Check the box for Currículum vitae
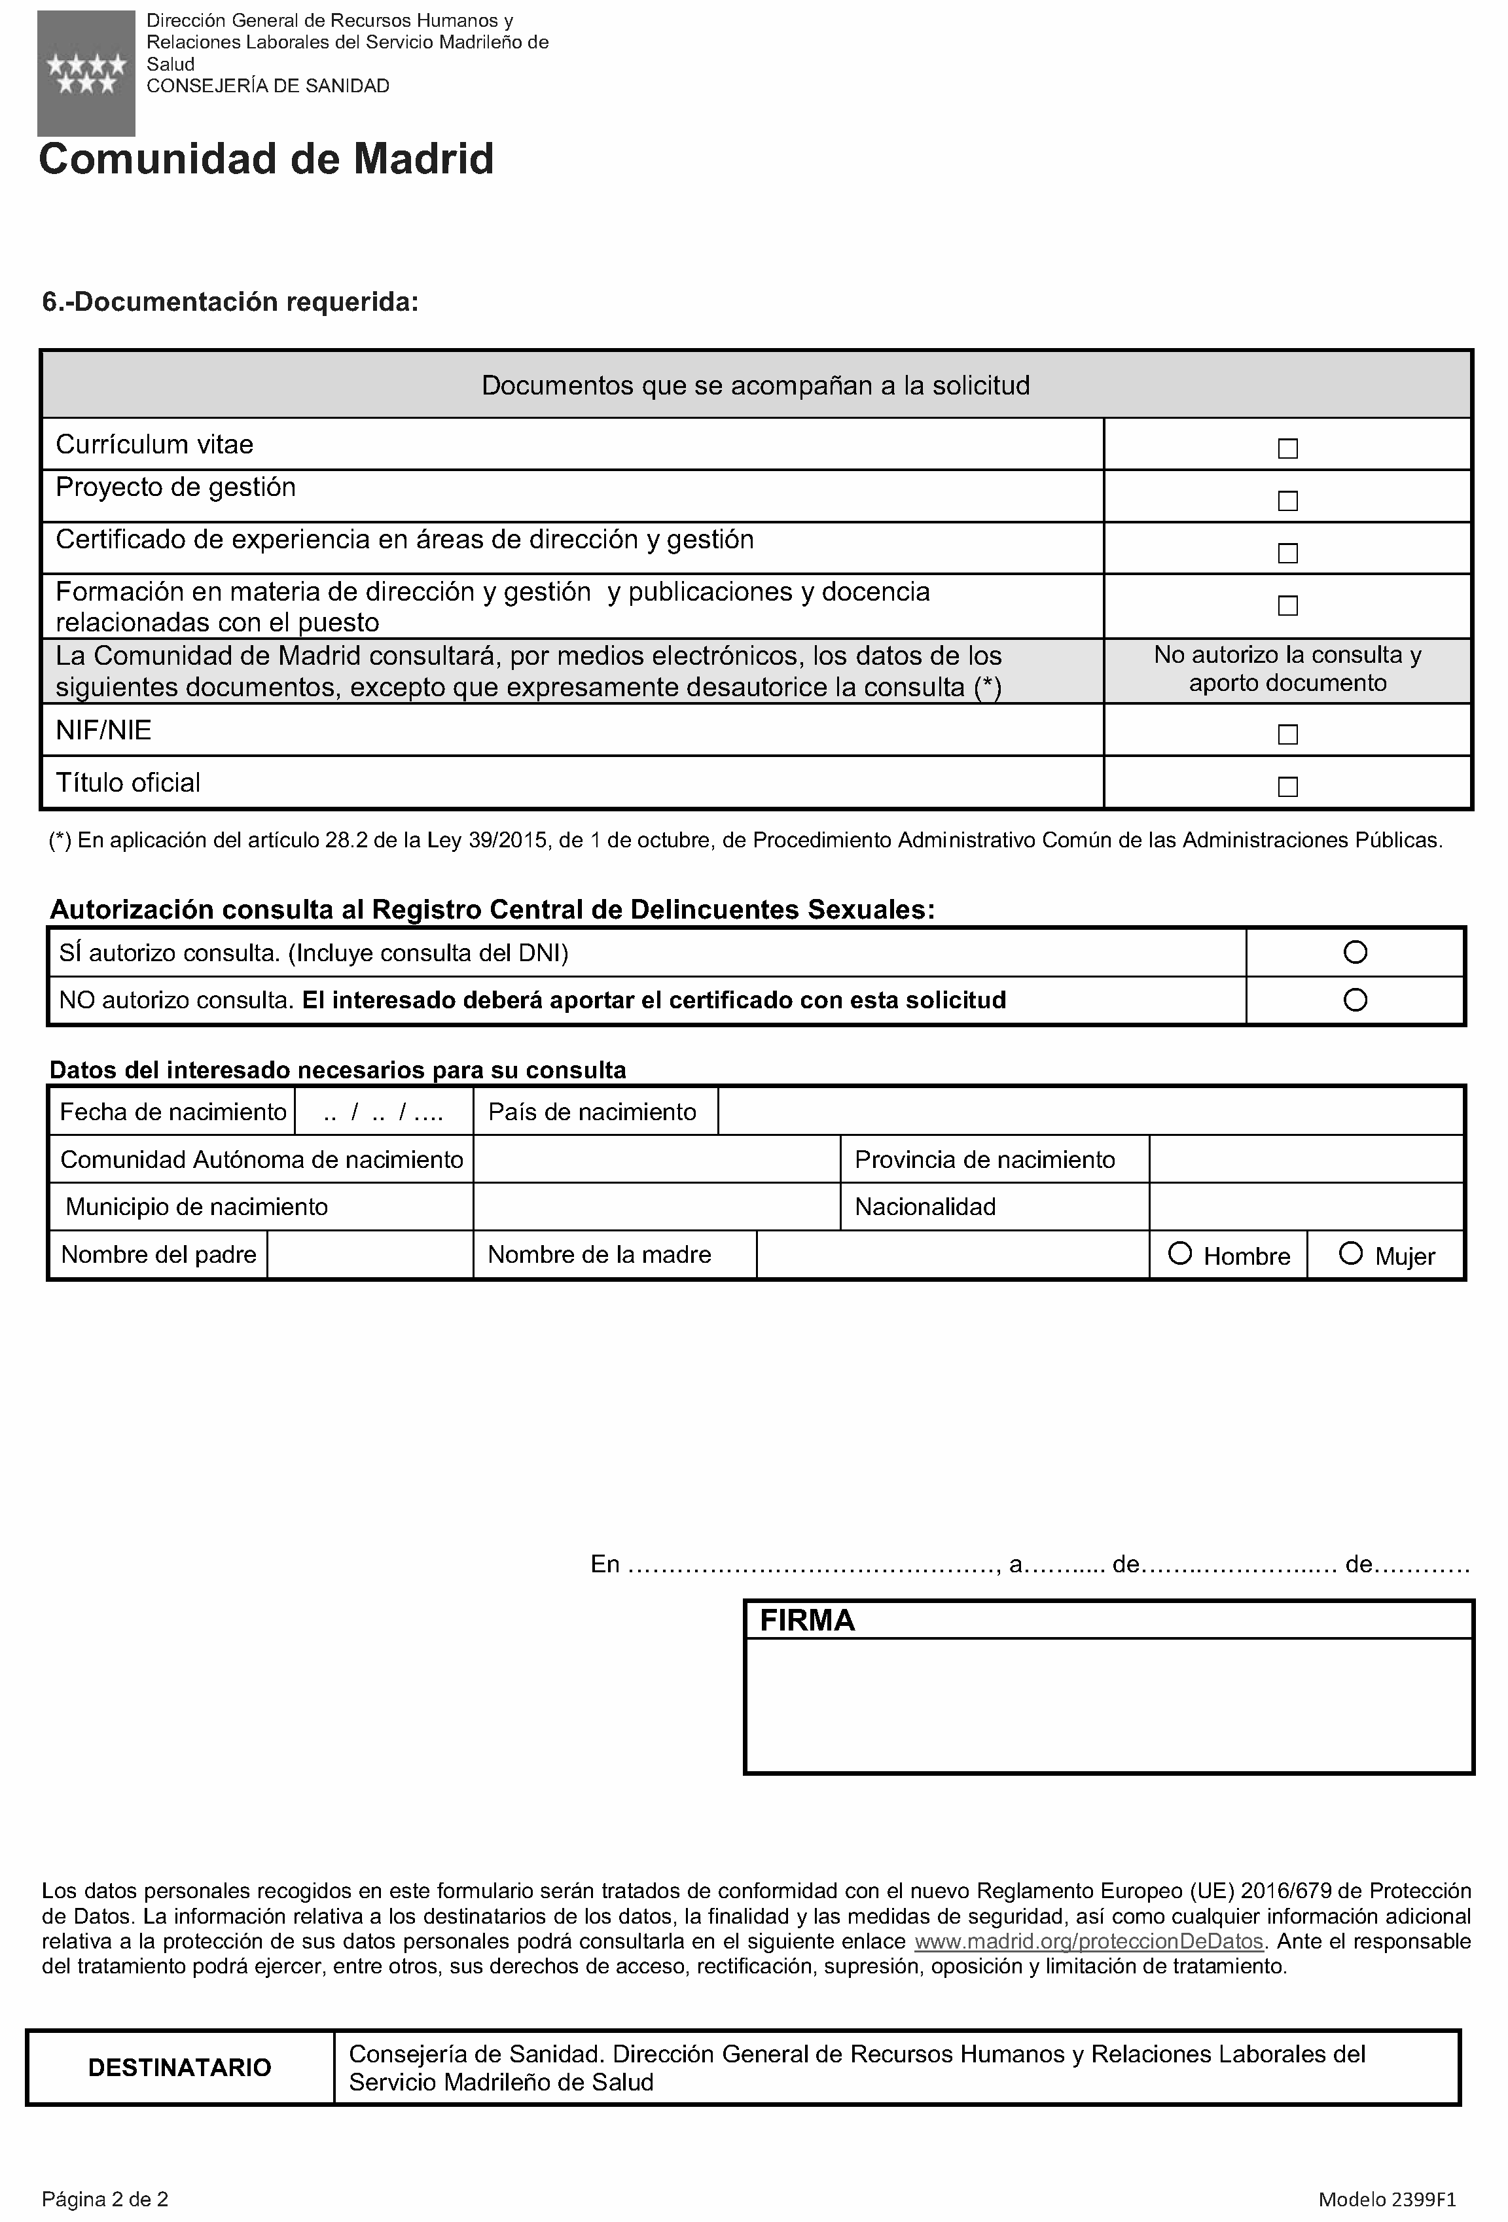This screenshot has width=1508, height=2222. pos(1287,448)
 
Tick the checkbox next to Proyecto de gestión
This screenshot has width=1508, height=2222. pos(1287,501)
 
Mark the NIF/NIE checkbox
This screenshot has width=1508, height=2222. pos(1287,734)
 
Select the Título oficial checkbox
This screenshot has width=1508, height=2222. pos(1287,787)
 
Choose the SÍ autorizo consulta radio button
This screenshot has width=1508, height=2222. pos(1355,952)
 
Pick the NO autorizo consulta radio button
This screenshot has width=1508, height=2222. pos(1355,1000)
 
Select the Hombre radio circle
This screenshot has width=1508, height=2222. pos(1180,1254)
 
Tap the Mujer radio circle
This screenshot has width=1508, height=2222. pos(1350,1254)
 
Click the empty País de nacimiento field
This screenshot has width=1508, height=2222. pos(1090,1112)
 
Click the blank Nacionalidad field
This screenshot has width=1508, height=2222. pos(1305,1207)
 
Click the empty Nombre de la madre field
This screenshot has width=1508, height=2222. pos(952,1254)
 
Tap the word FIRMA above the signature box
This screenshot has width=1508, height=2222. pos(807,1621)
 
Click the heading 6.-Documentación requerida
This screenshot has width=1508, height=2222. pos(230,302)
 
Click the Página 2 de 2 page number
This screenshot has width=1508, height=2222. pos(105,2198)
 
